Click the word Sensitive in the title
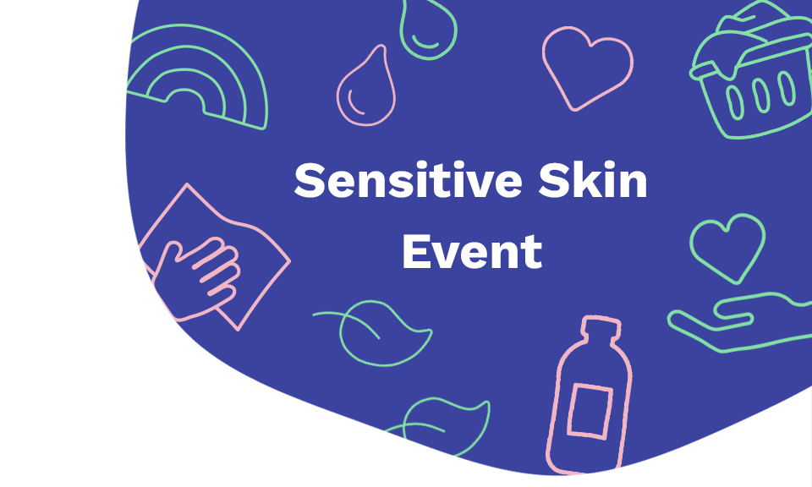pyautogui.click(x=408, y=180)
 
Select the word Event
pyautogui.click(x=472, y=251)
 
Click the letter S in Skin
pyautogui.click(x=555, y=180)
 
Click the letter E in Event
pyautogui.click(x=416, y=251)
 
